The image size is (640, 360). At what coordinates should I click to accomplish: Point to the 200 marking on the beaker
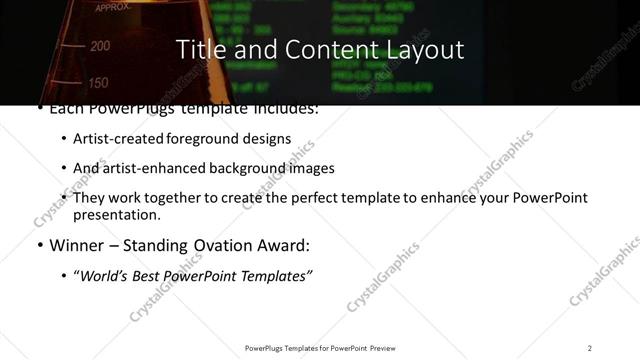point(100,46)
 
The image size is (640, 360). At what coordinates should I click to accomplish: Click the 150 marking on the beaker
point(98,83)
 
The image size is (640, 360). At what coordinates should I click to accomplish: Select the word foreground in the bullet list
point(204,139)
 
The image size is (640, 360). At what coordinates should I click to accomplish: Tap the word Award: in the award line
point(282,246)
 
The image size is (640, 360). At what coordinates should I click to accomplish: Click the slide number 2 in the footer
point(589,348)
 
